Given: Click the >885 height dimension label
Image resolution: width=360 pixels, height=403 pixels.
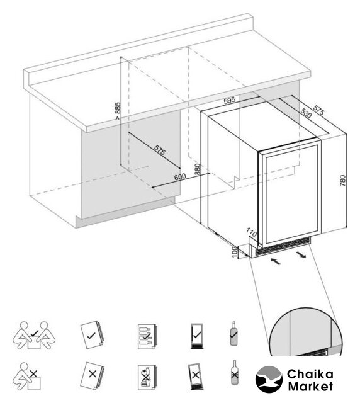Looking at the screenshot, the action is tap(118, 111).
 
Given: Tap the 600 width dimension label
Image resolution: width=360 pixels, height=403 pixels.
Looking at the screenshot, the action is tap(180, 177).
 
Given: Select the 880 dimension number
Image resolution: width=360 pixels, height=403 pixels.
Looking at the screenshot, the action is tap(198, 169).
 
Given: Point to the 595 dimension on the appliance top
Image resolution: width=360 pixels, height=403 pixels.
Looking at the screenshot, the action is tap(230, 100).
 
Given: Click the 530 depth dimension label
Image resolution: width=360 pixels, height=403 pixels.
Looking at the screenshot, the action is tap(307, 113).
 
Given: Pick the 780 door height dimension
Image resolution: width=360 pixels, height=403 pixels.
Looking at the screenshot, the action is tap(343, 181).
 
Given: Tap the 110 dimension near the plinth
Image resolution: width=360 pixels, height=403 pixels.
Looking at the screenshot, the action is tap(252, 232).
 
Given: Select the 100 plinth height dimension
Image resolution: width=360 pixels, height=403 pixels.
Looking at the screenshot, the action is tap(234, 252).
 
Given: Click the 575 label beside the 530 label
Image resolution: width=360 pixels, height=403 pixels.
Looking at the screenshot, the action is tap(318, 110).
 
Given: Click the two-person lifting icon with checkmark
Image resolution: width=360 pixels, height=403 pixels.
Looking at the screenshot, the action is tap(34, 335).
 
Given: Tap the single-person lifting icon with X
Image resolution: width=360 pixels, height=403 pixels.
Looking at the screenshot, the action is tap(27, 377).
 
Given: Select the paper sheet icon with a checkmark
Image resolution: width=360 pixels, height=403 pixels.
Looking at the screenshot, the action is tap(91, 335).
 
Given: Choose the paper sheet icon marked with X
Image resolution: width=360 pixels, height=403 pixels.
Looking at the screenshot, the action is tap(92, 376).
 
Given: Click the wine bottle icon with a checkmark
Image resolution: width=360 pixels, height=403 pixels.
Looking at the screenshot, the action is tap(233, 333).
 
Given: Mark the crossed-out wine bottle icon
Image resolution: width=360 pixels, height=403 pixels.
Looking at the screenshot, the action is tap(234, 372).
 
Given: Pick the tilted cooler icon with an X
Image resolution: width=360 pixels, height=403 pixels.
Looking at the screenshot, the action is tap(195, 376).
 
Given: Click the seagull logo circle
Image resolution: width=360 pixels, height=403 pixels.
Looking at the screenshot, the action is tap(269, 379).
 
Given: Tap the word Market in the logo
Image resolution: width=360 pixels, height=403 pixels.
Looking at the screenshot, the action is tap(310, 386).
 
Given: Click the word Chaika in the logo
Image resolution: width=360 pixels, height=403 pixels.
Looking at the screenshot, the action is tap(310, 374).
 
